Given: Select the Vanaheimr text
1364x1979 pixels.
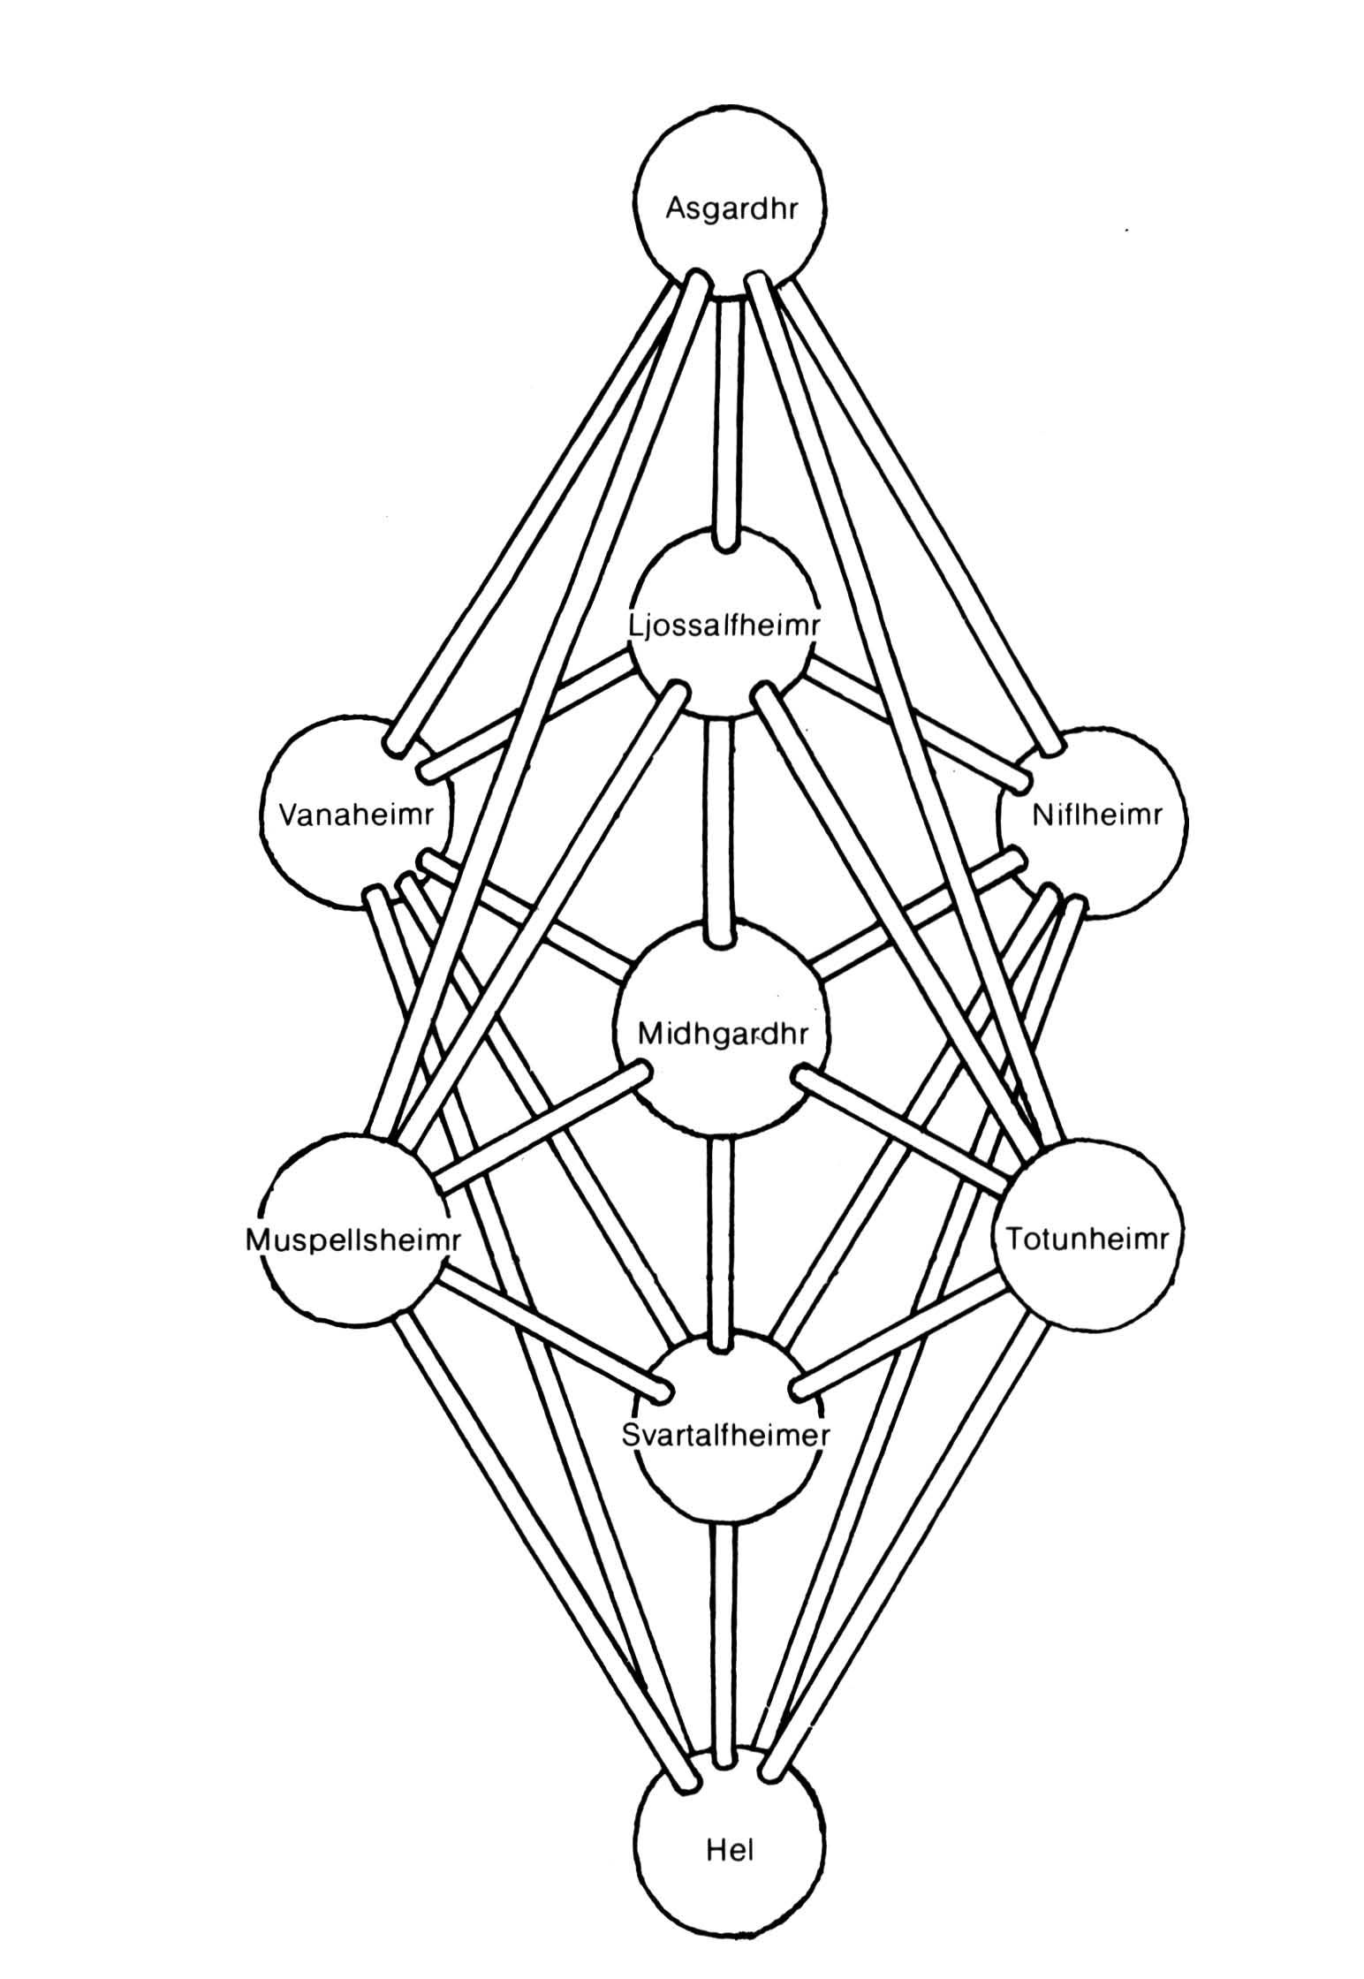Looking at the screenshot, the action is click(x=357, y=814).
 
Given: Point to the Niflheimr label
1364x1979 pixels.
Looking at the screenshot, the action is click(x=1096, y=814).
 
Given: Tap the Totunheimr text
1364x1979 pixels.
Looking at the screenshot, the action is click(x=1087, y=1238).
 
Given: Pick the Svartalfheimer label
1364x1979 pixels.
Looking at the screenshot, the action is click(x=725, y=1436).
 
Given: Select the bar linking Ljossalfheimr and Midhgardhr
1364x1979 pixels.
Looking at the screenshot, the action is click(x=720, y=828).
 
